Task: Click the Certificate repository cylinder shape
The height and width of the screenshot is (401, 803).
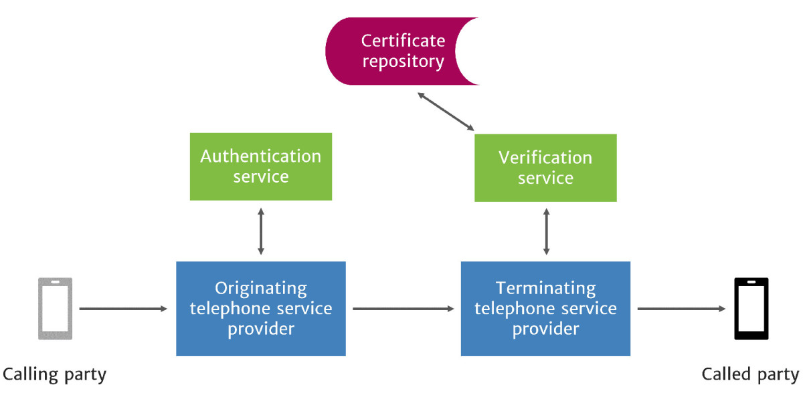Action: (395, 51)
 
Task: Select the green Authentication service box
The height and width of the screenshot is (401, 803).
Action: (261, 166)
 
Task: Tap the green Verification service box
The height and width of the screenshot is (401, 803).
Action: (545, 168)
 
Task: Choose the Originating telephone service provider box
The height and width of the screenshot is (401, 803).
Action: (261, 308)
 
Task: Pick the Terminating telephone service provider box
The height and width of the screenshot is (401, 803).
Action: (545, 308)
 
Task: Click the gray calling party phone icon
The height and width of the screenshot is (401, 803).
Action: (55, 309)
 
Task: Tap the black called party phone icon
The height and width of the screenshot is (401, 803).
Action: (751, 309)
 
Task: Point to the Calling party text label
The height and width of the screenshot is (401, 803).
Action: (55, 374)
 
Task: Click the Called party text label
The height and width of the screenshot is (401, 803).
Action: (750, 374)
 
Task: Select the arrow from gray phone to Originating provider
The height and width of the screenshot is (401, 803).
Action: (123, 309)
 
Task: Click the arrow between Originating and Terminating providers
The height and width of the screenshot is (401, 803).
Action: (404, 309)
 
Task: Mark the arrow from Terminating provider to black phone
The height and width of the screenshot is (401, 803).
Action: (681, 309)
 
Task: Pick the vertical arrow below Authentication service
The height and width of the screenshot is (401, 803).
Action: (261, 231)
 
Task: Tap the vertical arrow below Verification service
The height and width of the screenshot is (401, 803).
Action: (546, 231)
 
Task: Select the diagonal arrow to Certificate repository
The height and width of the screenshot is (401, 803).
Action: (446, 112)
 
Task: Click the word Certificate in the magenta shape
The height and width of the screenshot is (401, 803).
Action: (403, 41)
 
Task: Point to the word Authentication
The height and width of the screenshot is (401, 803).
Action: (261, 156)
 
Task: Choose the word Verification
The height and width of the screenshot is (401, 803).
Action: (545, 158)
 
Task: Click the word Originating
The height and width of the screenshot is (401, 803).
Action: (261, 289)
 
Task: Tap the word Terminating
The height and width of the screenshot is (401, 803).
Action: (545, 289)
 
